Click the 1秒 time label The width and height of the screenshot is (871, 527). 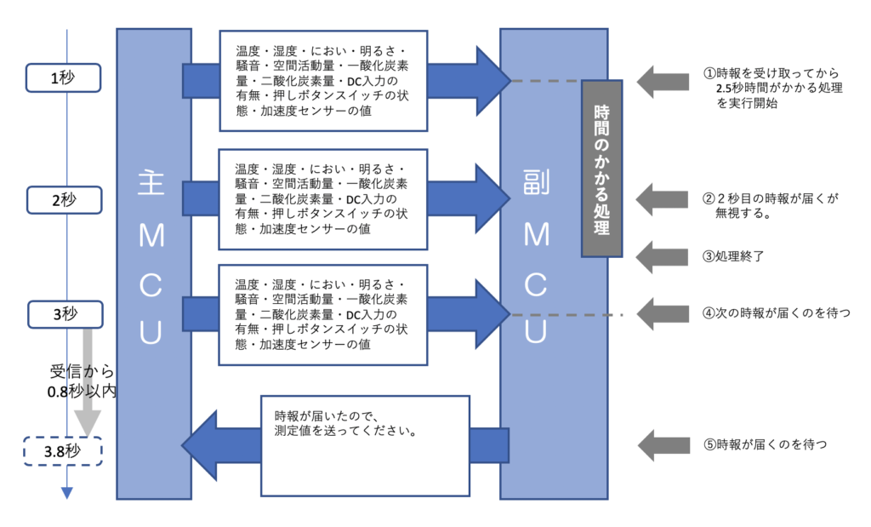point(64,77)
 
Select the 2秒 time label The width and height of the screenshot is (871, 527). point(64,199)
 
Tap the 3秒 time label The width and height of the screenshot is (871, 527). point(64,314)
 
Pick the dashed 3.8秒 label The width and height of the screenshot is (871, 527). point(64,451)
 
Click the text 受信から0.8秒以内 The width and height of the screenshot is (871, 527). point(82,381)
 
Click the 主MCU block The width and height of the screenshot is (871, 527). point(153,264)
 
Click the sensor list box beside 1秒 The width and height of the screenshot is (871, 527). point(323,82)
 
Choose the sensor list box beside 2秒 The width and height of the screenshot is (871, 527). point(323,199)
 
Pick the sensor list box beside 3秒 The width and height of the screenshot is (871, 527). point(323,314)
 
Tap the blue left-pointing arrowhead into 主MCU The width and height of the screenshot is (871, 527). point(200,445)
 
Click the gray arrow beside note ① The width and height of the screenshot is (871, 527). point(663,82)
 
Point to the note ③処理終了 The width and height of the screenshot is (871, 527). point(738,256)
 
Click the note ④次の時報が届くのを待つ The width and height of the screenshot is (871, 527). point(776,312)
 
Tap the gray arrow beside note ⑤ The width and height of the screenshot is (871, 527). point(663,444)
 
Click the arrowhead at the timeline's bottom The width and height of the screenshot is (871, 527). point(67,492)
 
